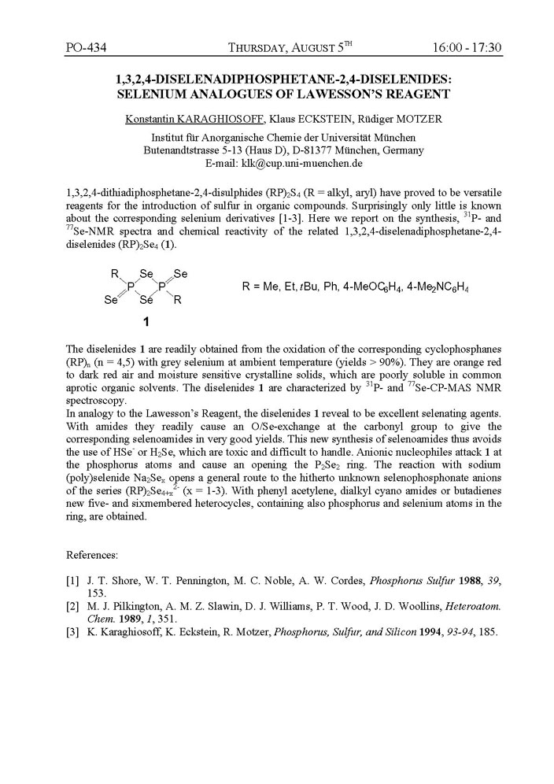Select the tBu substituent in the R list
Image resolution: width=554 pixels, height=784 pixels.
322,288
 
